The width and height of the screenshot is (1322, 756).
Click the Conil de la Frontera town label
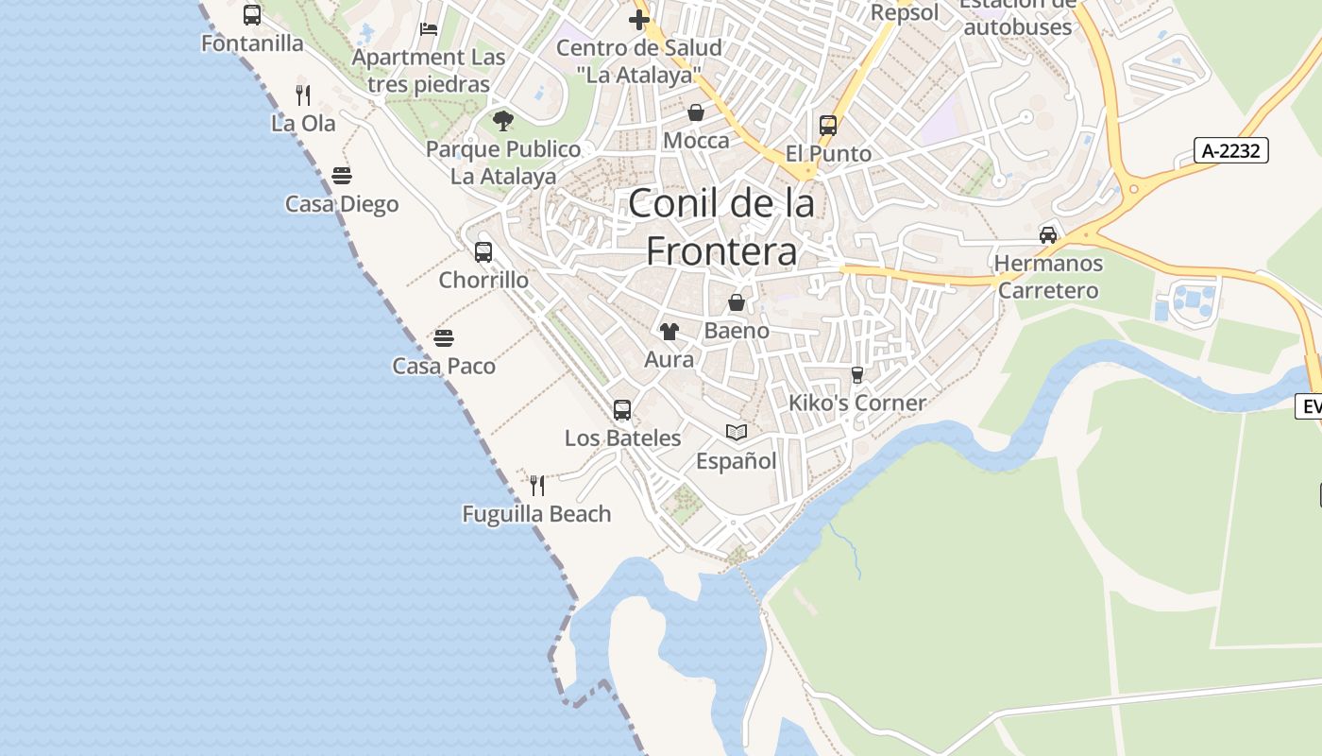tap(721, 227)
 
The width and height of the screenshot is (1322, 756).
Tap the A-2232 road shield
tap(1231, 150)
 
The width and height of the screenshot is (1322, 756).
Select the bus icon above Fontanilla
tap(252, 15)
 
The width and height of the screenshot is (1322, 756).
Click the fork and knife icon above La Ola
tap(303, 94)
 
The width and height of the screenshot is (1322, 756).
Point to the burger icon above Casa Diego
tap(342, 176)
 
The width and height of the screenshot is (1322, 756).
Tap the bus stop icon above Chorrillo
tap(483, 252)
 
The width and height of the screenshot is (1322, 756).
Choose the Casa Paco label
tap(444, 366)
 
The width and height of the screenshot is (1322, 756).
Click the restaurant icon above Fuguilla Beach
tap(537, 486)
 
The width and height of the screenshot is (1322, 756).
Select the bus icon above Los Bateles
tap(622, 410)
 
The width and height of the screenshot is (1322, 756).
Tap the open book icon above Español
tap(737, 433)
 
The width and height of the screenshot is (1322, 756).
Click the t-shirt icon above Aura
tap(669, 332)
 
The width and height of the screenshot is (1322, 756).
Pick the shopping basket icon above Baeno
tap(737, 303)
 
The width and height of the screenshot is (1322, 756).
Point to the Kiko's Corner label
tap(857, 403)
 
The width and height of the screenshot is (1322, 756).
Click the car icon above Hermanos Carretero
tap(1048, 234)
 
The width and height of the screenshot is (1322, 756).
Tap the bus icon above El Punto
tap(828, 126)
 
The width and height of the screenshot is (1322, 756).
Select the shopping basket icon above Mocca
tap(696, 113)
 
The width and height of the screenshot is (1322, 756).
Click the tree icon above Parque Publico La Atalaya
tap(503, 121)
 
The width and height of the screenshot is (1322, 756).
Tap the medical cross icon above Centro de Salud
tap(639, 20)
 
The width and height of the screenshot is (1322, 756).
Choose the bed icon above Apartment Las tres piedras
tap(429, 29)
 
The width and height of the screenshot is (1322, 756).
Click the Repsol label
tap(905, 13)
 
